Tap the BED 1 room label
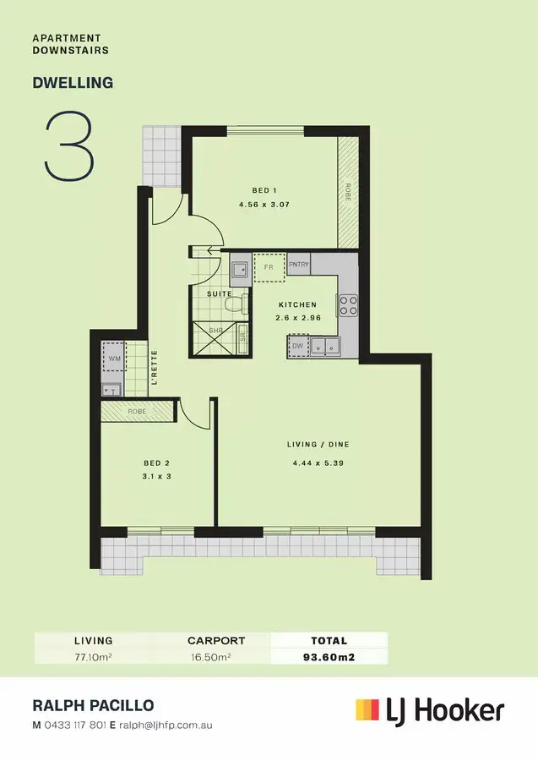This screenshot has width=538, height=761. click(265, 190)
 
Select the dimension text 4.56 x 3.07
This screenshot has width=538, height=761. click(265, 205)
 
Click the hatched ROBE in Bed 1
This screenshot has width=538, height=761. click(347, 191)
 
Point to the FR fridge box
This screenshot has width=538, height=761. click(269, 267)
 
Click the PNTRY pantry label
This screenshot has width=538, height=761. click(298, 266)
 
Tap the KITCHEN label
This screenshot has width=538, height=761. click(297, 304)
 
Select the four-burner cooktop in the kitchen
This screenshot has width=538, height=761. click(347, 304)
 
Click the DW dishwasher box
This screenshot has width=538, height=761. click(297, 345)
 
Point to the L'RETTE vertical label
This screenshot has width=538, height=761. click(155, 368)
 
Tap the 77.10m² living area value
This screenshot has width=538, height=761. click(93, 655)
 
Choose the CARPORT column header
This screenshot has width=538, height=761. click(216, 641)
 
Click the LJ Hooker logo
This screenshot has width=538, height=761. click(430, 709)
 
